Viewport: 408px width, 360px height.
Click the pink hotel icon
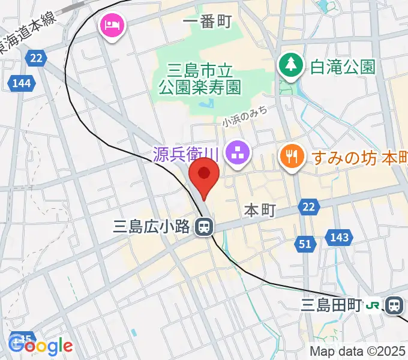tap(112, 25)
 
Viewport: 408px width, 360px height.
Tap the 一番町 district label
tap(207, 22)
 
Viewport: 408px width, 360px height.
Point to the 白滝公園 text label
tap(343, 65)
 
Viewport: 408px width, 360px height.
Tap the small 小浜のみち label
tap(244, 115)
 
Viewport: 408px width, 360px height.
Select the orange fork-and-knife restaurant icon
tap(292, 157)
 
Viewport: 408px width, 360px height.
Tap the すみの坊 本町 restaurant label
tap(359, 158)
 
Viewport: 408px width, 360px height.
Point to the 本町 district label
tap(260, 210)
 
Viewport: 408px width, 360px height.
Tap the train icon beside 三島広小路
tap(205, 227)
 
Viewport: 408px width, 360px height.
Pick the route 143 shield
tap(338, 238)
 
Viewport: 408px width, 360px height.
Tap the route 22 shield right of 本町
tap(308, 207)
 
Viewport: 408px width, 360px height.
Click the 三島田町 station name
tap(331, 305)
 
